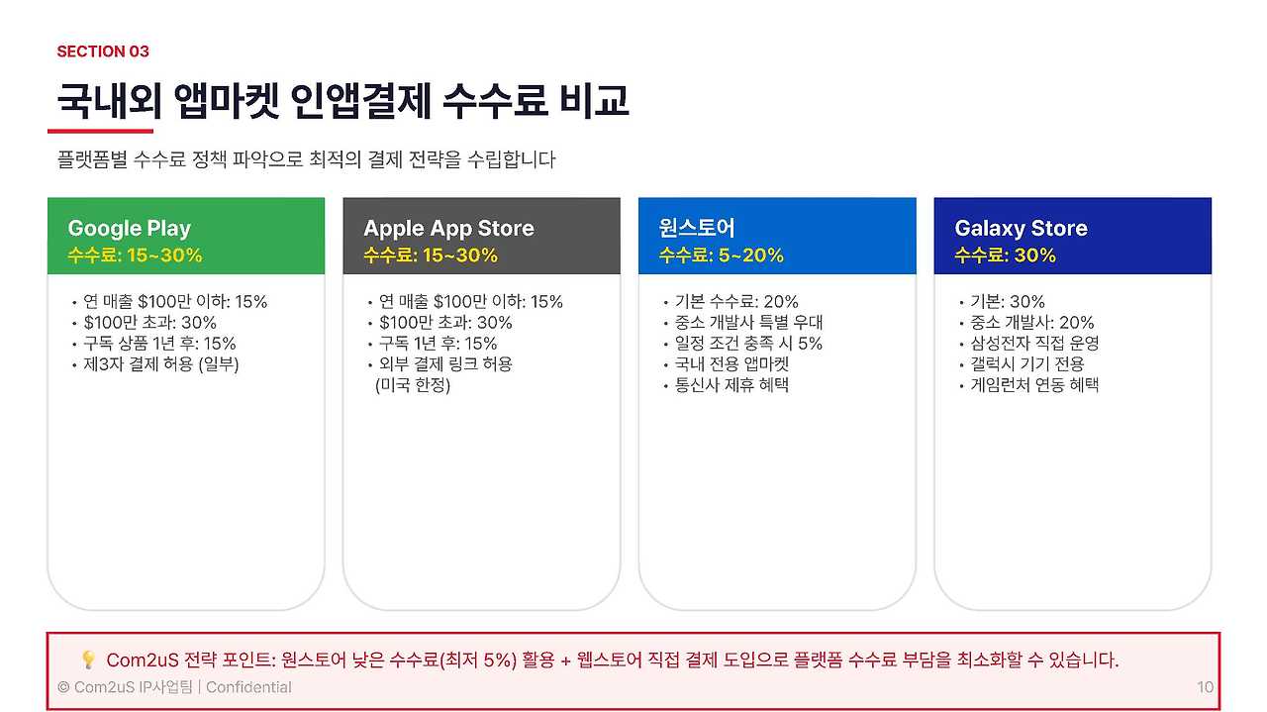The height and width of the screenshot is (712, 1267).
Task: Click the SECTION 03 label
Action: click(103, 51)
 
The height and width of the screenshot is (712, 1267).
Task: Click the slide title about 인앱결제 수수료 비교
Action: click(342, 101)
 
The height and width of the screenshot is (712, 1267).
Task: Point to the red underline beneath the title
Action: click(100, 131)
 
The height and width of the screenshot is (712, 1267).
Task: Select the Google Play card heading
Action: click(129, 229)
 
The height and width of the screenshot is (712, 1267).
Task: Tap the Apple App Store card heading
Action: click(448, 229)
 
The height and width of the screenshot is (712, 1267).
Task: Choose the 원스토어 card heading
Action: click(697, 229)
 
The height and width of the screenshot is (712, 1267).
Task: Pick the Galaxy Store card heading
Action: click(1021, 229)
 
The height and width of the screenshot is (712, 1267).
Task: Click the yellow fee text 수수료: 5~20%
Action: click(722, 255)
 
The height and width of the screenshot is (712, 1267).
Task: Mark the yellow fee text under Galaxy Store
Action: click(1005, 255)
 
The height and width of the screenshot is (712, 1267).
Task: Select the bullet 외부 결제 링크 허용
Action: click(445, 364)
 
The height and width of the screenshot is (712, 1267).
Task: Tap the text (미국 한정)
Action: click(413, 385)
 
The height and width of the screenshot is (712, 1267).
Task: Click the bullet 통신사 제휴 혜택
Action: click(731, 385)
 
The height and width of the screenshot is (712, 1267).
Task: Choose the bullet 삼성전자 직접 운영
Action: click(1034, 344)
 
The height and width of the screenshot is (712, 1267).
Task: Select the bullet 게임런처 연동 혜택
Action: click(1034, 385)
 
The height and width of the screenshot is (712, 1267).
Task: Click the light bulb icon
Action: click(87, 660)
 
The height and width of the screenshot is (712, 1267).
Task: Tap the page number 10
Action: click(1205, 687)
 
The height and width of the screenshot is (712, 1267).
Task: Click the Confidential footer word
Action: click(248, 687)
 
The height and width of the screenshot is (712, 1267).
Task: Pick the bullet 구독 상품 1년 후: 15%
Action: click(159, 344)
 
